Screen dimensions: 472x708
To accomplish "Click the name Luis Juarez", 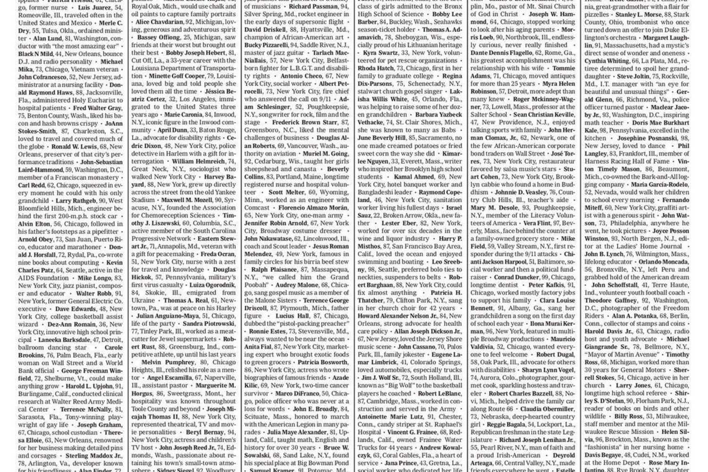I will [94, 8].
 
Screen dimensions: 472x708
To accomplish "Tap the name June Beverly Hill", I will [382, 138].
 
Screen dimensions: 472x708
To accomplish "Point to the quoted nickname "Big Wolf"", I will [383, 386].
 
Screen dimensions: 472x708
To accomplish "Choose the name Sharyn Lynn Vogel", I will [548, 370].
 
